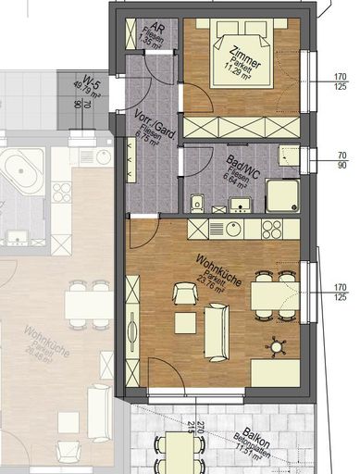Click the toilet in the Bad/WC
pos(196,202)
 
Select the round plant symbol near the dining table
pos(276,346)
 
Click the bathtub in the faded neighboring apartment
pos(20,172)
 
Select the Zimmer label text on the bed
pos(246,55)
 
